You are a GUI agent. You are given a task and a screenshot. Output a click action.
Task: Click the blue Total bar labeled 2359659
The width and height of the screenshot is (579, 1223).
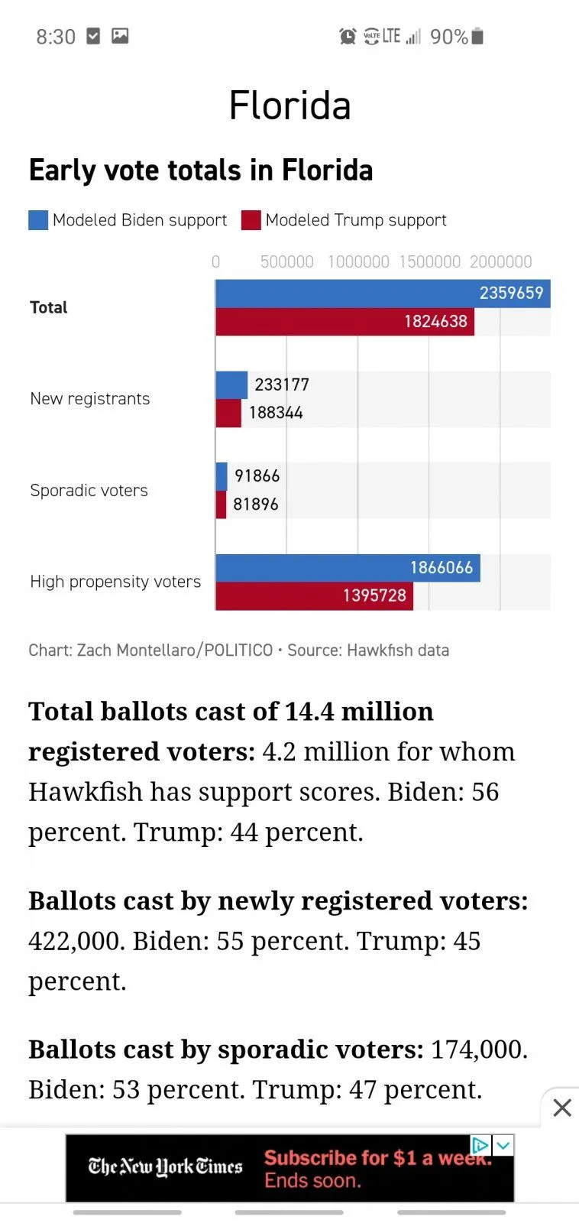pos(382,294)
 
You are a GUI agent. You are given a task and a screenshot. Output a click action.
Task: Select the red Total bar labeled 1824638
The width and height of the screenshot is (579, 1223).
pos(344,322)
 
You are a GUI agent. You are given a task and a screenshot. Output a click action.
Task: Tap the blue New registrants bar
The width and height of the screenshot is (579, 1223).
pos(231,384)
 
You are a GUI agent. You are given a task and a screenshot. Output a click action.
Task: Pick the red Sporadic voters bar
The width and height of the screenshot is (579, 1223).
pos(221,504)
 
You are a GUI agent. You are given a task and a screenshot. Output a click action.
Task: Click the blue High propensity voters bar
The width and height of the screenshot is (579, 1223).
pos(348,568)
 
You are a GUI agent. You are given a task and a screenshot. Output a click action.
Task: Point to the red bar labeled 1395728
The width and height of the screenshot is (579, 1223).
pos(314,596)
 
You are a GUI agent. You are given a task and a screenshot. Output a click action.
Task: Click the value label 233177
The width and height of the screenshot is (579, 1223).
pos(282,384)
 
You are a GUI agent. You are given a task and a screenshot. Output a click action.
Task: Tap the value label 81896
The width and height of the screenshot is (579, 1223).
pos(256,504)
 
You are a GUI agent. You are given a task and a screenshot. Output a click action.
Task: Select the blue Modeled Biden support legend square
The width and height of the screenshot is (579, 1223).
pos(38,220)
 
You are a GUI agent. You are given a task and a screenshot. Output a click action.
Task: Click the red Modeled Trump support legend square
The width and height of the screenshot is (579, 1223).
pos(251,220)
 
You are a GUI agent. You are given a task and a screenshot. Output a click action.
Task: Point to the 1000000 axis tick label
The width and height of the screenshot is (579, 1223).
pos(358,261)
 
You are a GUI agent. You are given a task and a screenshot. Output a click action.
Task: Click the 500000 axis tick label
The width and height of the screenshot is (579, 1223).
pos(286,261)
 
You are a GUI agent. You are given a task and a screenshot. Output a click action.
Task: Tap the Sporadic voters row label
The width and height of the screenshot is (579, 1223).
pos(89,491)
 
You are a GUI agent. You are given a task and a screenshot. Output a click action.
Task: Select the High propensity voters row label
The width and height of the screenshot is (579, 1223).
pos(115,582)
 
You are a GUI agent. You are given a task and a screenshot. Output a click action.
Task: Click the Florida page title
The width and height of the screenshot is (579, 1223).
pos(289,105)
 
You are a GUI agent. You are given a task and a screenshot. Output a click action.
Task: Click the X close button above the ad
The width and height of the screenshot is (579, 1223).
pos(562,1108)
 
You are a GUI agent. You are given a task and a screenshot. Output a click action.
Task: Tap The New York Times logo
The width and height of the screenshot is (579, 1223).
pos(165,1167)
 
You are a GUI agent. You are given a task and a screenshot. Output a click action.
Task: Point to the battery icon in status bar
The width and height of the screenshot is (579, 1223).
pos(477,36)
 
